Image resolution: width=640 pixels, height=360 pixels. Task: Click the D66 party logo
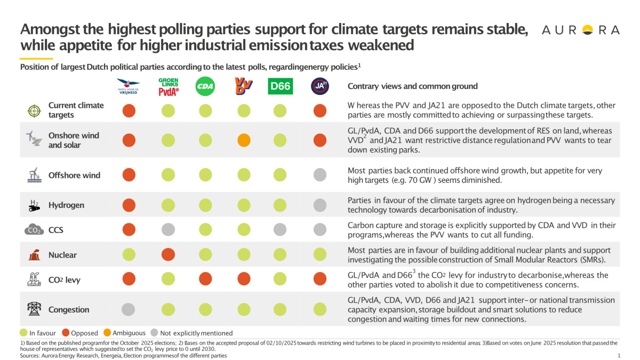[x=281, y=86]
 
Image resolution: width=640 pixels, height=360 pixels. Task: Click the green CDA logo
[x=205, y=86]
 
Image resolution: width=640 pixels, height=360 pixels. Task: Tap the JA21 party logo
[x=319, y=86]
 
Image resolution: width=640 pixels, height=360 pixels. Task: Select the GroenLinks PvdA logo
[x=169, y=86]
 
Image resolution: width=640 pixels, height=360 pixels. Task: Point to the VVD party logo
[x=243, y=86]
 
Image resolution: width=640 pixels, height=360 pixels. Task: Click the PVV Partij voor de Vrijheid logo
[x=129, y=86]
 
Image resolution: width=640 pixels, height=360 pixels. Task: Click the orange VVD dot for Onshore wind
[x=244, y=140]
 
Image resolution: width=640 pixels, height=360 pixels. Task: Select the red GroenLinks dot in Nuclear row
[x=169, y=255]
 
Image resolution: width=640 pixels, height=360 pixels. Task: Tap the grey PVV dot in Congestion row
[x=129, y=309]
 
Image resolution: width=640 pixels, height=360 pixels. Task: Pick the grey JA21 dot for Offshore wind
[x=319, y=174]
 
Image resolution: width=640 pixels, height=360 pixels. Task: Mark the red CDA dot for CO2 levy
[x=205, y=278]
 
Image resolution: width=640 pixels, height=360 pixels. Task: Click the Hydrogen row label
[x=66, y=205]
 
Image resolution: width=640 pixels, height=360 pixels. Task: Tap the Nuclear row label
[x=62, y=255]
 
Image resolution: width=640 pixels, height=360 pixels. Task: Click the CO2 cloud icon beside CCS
[x=33, y=230]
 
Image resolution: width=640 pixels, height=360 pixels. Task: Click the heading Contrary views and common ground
[x=412, y=86]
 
